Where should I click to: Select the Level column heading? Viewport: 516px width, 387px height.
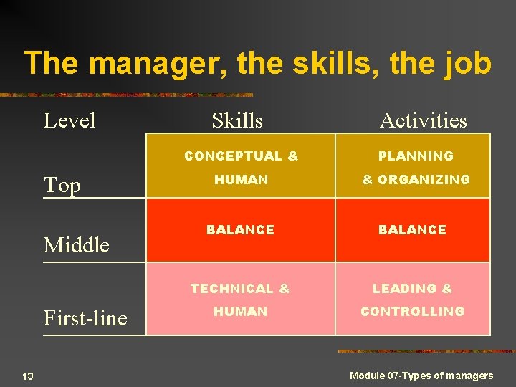coord(70,120)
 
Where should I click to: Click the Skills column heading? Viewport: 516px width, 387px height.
coord(237,120)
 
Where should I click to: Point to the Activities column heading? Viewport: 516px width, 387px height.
coord(423,120)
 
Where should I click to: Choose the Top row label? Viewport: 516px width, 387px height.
coord(62,186)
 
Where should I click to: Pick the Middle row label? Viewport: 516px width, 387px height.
coord(77,245)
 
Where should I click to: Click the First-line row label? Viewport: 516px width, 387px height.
coord(85,317)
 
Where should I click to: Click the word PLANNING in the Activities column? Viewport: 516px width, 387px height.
coord(416,156)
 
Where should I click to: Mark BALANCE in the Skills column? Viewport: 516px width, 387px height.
coord(240,230)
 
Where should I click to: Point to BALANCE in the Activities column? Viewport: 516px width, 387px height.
coord(412,230)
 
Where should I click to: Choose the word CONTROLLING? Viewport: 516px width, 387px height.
coord(412,312)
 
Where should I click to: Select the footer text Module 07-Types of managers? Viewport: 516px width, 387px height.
coord(421,376)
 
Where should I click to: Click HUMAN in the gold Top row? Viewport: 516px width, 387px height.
coord(242,180)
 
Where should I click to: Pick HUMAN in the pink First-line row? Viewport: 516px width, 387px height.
coord(240,312)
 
